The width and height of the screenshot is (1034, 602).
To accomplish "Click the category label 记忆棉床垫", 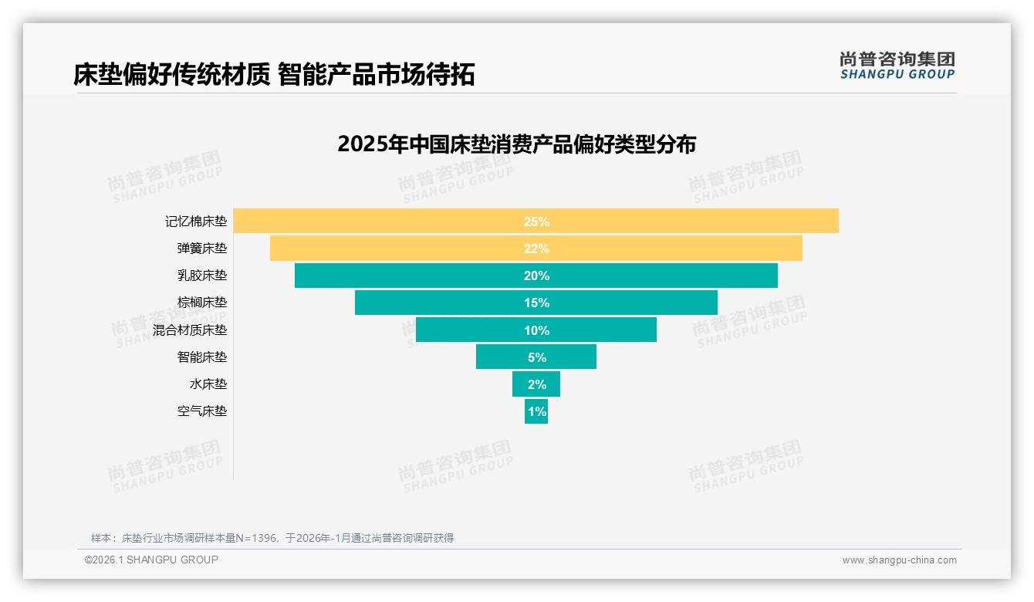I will click(x=196, y=222).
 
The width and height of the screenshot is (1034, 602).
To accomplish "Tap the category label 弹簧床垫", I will click(x=202, y=249).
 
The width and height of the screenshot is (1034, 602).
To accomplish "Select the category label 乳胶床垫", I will click(x=202, y=276).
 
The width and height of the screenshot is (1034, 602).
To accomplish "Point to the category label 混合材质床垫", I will click(x=190, y=330).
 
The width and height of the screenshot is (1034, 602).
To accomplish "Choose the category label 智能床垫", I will click(x=202, y=357).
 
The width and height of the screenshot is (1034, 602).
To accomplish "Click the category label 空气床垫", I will click(x=202, y=411).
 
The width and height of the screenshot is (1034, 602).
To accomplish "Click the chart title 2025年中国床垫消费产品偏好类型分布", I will click(x=516, y=144).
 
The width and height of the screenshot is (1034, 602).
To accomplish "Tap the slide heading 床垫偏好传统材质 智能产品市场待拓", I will click(x=274, y=75).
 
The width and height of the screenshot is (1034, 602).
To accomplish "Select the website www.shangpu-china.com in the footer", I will click(x=899, y=560).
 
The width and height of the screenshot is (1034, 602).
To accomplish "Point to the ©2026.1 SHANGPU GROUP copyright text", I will click(x=151, y=560).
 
